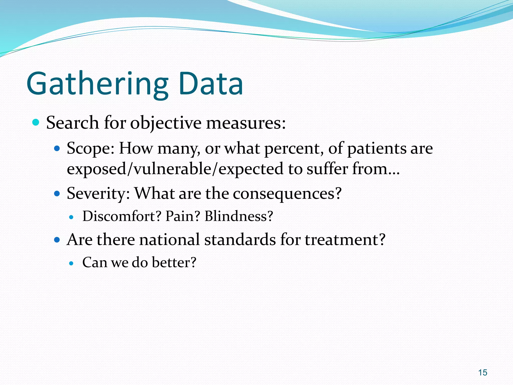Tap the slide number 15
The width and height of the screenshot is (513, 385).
coord(482,373)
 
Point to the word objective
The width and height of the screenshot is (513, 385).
coord(166,123)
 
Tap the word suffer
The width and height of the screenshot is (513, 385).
coord(327,169)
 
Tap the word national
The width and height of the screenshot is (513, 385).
coord(169,240)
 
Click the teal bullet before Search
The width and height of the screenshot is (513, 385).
coord(36,123)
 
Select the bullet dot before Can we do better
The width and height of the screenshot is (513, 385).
coord(72,263)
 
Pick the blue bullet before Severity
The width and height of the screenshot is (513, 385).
coord(57,194)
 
